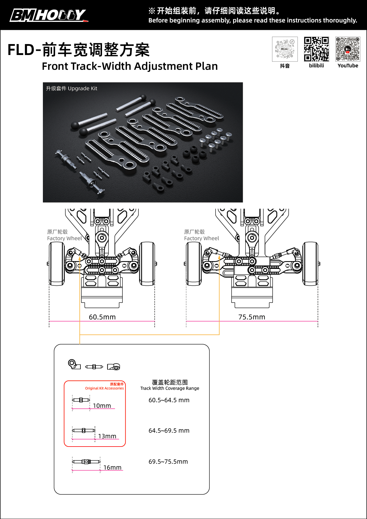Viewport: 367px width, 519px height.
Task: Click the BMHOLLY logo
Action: pos(49,15)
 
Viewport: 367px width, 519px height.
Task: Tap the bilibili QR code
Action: pos(316,49)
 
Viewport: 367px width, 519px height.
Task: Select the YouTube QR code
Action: pos(348,49)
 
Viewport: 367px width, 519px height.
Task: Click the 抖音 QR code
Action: pos(285,49)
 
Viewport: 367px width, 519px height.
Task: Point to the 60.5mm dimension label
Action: pos(102,317)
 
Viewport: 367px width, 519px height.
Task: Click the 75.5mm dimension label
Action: pos(252,317)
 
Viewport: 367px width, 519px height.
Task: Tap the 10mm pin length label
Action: pos(102,406)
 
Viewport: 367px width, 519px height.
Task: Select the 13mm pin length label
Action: pos(107,436)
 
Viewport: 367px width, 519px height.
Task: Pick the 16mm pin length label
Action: pos(112,468)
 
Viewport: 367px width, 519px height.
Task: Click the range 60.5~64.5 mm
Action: pos(169,400)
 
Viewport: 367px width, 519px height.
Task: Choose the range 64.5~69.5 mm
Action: pos(169,431)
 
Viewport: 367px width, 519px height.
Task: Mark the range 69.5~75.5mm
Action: pos(168,462)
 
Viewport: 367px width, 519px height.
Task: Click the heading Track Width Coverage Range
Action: pos(170,388)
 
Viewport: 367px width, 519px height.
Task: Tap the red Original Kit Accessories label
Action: pos(104,388)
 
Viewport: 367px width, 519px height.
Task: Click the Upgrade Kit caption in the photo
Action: pos(72,88)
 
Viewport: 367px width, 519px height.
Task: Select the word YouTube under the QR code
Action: pos(348,66)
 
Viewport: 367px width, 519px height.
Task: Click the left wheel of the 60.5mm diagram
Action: pos(57,264)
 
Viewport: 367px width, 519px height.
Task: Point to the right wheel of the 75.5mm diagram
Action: pos(310,264)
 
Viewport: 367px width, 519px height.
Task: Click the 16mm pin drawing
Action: pos(86,462)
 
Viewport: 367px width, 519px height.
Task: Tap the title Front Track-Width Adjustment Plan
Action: pos(130,66)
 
